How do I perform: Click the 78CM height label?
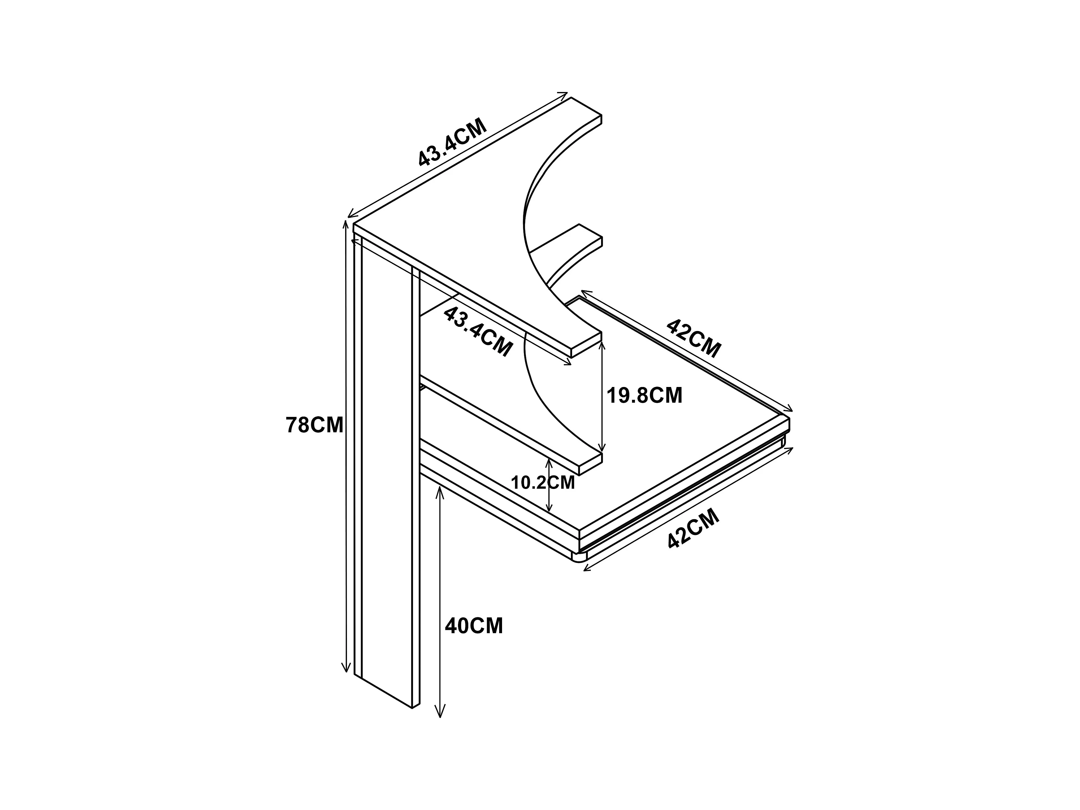315,425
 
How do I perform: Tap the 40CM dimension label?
474,626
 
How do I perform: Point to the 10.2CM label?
543,483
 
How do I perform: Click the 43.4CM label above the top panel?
453,142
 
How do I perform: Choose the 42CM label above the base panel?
694,338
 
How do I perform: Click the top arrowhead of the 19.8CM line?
602,346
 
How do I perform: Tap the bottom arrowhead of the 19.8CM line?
602,447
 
